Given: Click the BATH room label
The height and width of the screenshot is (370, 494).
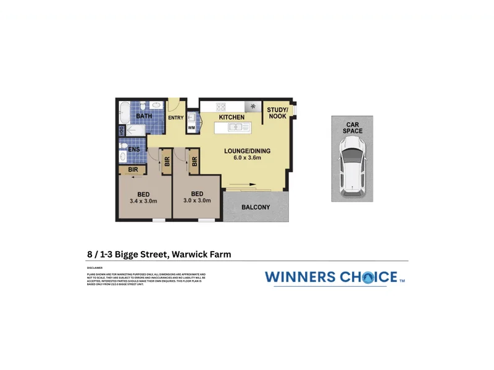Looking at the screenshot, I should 144,117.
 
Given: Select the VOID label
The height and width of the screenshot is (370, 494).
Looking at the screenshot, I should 122,130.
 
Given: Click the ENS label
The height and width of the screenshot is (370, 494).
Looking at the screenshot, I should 134,149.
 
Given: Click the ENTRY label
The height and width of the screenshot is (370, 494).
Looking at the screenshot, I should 175,118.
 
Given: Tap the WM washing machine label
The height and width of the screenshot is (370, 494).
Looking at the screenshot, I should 191,128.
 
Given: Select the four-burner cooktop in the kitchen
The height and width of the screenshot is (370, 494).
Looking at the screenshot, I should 220,107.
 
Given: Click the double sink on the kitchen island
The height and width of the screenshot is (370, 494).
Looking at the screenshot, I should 237,127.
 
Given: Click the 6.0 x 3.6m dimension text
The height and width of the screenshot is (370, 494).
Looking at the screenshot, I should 247,158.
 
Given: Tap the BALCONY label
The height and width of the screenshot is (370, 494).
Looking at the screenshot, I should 256,207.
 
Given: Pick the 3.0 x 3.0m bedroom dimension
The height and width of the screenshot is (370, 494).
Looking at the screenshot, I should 197,200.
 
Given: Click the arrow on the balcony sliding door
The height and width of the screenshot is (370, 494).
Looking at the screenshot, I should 244,184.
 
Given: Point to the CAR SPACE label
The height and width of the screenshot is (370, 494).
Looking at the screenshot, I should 353,127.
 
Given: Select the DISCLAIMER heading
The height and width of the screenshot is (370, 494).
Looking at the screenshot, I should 95,268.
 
